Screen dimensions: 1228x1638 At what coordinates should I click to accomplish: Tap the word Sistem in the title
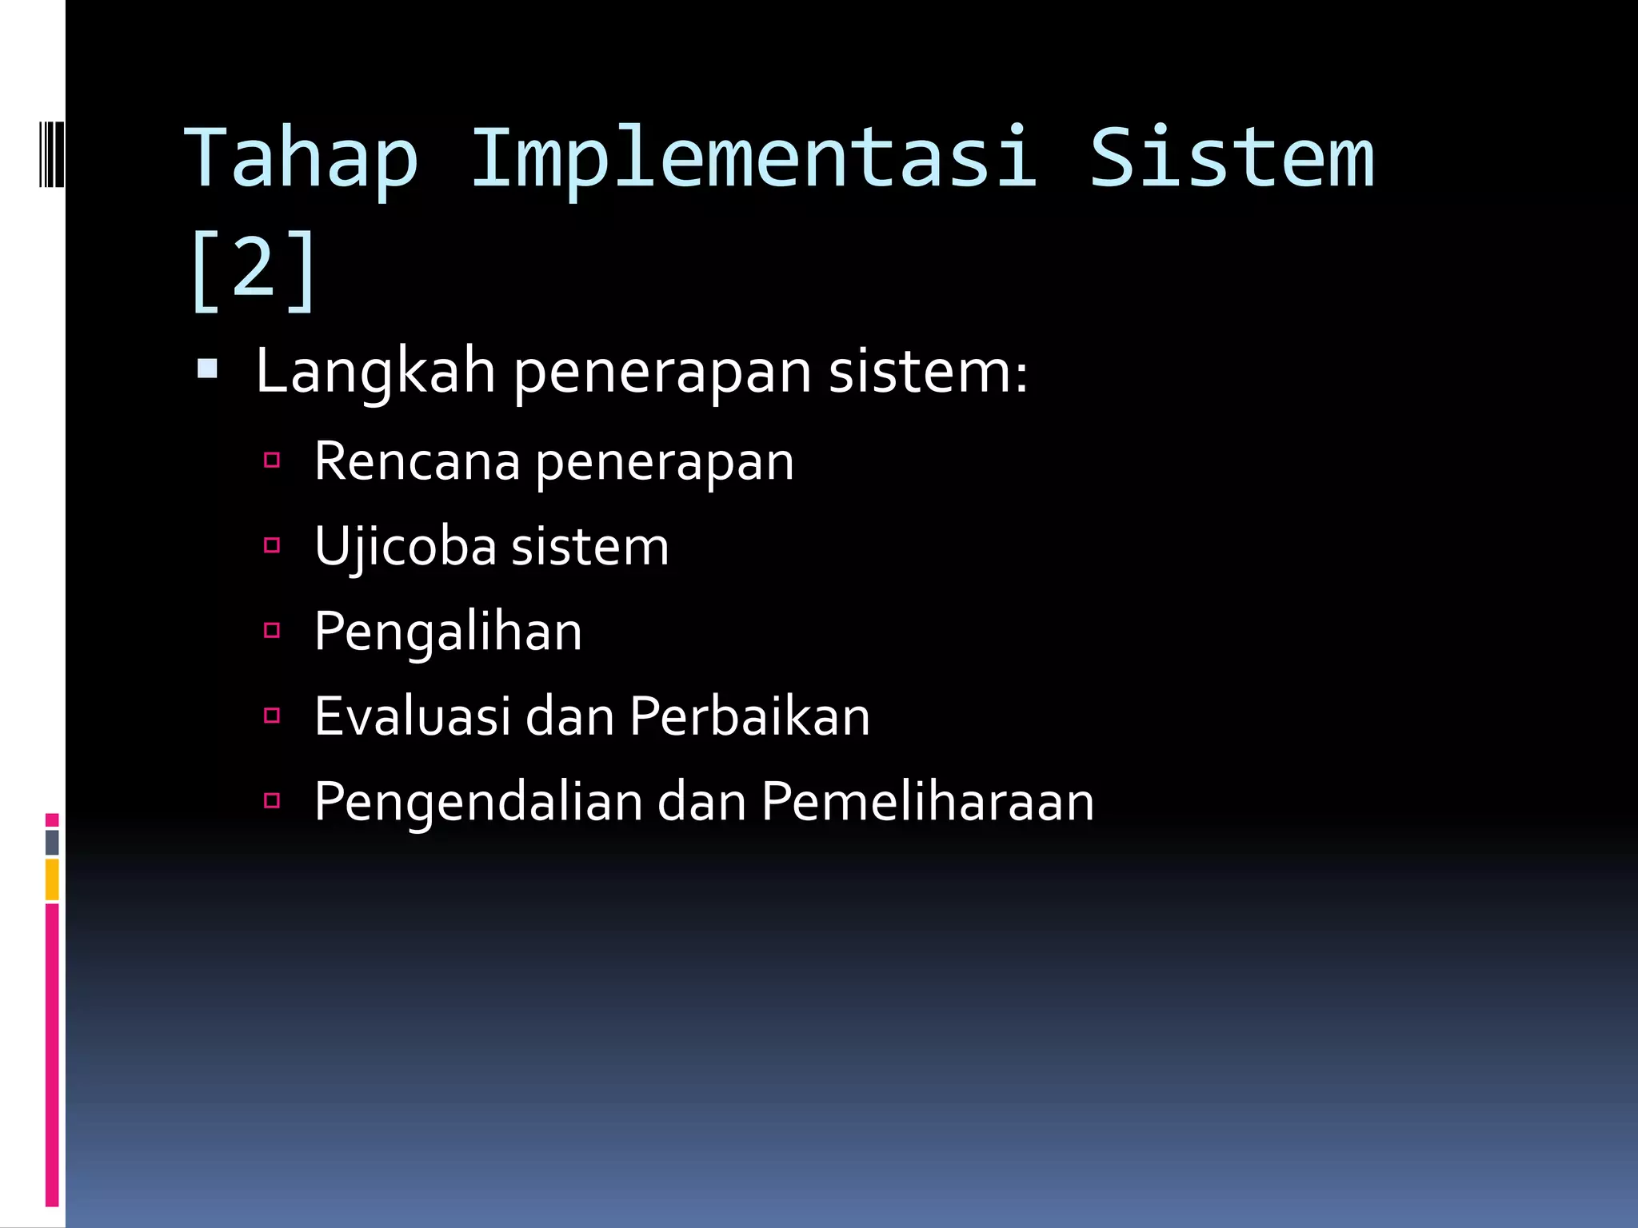pos(1232,158)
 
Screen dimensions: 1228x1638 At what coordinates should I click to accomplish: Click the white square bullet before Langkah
pos(207,369)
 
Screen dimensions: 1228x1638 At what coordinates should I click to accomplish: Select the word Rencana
pos(417,462)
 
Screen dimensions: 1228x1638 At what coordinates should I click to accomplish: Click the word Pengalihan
pos(448,632)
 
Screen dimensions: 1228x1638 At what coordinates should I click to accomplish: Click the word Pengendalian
pos(478,801)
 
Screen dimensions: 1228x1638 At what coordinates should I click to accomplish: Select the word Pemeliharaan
pos(927,801)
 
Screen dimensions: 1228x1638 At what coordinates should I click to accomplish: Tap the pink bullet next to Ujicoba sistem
pos(272,545)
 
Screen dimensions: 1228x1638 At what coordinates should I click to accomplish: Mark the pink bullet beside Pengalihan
pos(272,630)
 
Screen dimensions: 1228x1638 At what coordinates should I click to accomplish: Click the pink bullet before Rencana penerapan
pos(272,460)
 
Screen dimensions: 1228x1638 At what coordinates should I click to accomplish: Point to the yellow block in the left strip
pos(52,879)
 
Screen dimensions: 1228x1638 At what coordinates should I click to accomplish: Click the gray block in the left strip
pos(52,842)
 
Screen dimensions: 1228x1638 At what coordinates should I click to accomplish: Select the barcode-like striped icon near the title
pos(51,154)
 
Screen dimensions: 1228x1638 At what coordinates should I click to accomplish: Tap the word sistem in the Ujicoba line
pos(589,548)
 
